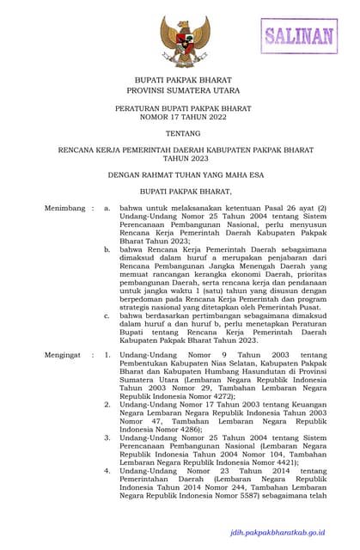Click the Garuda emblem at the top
179,40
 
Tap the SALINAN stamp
298,36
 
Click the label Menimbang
64,208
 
